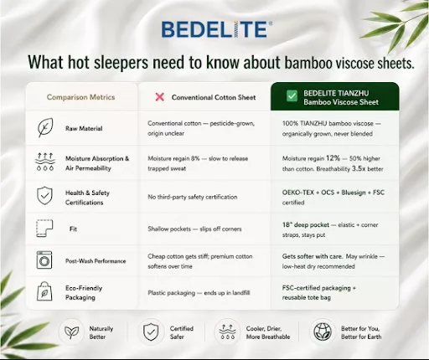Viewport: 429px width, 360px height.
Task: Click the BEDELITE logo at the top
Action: click(x=216, y=29)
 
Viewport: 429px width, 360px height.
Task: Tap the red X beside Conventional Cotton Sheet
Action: click(x=160, y=97)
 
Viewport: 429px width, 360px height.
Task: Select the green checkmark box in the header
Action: click(x=292, y=96)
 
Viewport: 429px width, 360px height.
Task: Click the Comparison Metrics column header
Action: click(x=80, y=97)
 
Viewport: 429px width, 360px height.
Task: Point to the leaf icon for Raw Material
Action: click(x=45, y=127)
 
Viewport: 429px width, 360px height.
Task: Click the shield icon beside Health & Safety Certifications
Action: click(x=44, y=196)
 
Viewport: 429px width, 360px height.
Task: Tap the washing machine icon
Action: click(x=44, y=260)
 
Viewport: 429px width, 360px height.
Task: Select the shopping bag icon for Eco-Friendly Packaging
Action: click(x=44, y=291)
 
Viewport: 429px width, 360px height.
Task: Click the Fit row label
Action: click(x=73, y=229)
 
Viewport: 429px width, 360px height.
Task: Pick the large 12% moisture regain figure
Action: click(x=333, y=158)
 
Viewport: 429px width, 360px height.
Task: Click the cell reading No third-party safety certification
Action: click(x=193, y=197)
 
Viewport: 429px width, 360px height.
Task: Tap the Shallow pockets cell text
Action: click(x=194, y=229)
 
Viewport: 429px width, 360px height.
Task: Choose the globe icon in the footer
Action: click(x=323, y=332)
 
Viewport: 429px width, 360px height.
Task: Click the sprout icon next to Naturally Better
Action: click(x=71, y=332)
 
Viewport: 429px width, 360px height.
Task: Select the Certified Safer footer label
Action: click(x=182, y=332)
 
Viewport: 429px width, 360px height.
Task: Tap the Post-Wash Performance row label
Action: click(x=96, y=261)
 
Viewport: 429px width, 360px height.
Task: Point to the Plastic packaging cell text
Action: click(x=199, y=293)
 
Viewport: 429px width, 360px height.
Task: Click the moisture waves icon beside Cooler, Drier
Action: click(x=228, y=332)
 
